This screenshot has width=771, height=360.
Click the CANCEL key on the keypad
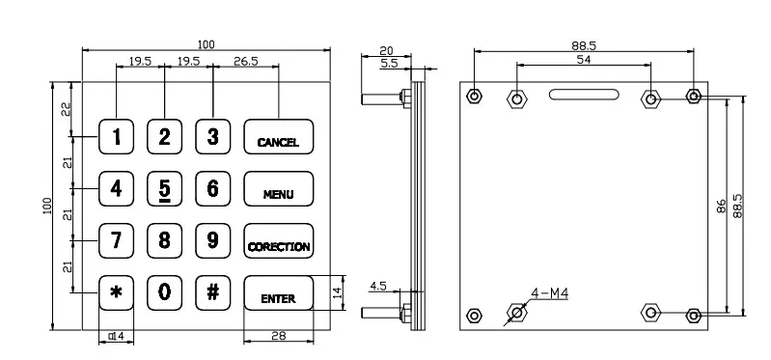(278, 136)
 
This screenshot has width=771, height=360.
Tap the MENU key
(278, 188)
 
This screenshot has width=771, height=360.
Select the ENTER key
(278, 292)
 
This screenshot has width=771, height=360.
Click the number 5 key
(164, 188)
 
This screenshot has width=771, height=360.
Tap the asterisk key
(116, 292)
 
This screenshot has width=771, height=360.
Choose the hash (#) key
(212, 292)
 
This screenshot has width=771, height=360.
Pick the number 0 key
(164, 292)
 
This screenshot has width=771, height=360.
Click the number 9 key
(212, 240)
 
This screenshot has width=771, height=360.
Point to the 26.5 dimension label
(246, 61)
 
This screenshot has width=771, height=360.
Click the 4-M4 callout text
(550, 293)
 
